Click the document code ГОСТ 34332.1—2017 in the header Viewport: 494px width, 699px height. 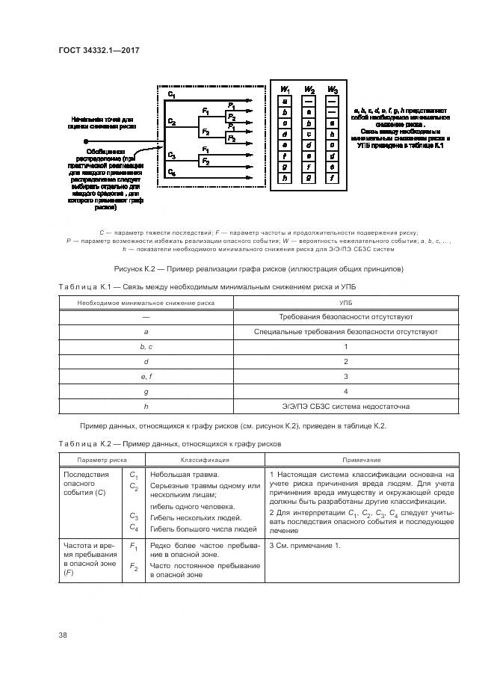[x=99, y=50]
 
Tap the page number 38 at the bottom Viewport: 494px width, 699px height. [x=63, y=635]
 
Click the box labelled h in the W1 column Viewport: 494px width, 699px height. [x=285, y=179]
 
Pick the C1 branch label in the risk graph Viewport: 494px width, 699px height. [x=172, y=96]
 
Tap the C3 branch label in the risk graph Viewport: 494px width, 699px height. [x=172, y=155]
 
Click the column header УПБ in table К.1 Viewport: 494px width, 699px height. [x=345, y=303]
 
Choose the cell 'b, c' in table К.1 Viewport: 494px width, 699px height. [x=146, y=346]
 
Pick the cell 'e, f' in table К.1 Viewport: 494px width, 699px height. [x=146, y=376]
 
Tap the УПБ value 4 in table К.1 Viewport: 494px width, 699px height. [x=345, y=391]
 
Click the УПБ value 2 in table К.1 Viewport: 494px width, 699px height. [x=345, y=361]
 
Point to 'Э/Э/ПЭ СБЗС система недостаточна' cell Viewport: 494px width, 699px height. [x=345, y=407]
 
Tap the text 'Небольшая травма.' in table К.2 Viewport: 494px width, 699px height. [x=184, y=475]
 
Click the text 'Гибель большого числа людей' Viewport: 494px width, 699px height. [x=203, y=528]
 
